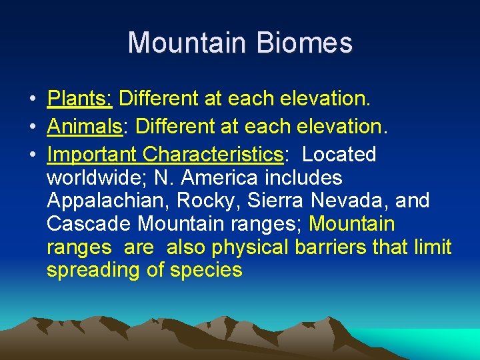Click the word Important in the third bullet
(x=92, y=155)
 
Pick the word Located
(x=339, y=155)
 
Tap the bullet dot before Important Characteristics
(x=32, y=155)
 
